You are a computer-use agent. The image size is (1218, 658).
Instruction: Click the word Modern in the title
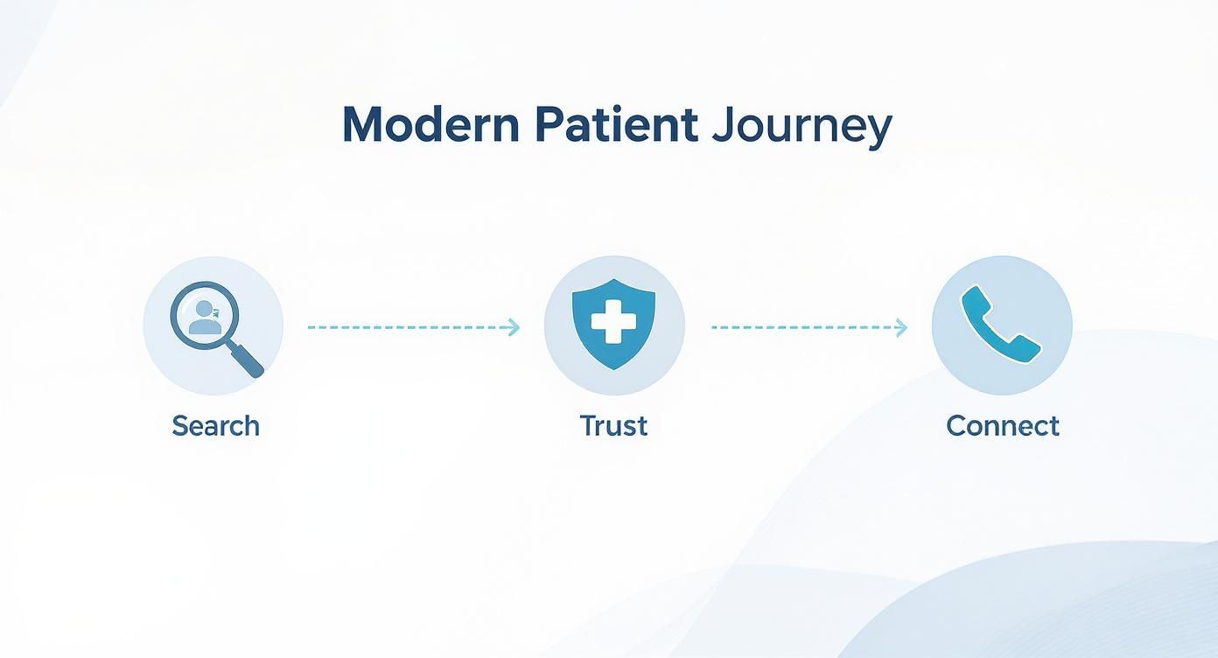(x=430, y=127)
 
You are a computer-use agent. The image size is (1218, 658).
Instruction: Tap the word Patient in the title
(x=615, y=127)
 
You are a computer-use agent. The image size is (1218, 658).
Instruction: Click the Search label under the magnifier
(x=215, y=426)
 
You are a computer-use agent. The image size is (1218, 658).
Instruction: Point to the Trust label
(x=613, y=426)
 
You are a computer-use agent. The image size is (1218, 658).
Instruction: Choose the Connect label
(x=1002, y=426)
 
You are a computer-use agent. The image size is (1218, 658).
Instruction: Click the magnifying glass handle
(x=247, y=360)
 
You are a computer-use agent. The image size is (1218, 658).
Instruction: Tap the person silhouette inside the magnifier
(x=206, y=318)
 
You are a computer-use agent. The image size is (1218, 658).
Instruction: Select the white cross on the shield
(x=613, y=321)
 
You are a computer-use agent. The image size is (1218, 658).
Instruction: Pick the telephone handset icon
(x=1001, y=324)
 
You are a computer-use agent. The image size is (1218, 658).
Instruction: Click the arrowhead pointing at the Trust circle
(x=514, y=327)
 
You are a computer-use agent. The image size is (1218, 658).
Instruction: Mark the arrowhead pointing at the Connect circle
(x=902, y=327)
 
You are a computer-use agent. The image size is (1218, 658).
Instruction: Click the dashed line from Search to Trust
(x=411, y=327)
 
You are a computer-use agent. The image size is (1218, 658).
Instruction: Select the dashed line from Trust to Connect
(x=805, y=327)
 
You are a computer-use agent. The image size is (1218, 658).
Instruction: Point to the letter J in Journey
(x=722, y=127)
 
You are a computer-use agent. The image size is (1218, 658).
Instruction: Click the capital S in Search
(x=180, y=426)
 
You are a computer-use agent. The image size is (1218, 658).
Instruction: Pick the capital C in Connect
(x=956, y=426)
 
